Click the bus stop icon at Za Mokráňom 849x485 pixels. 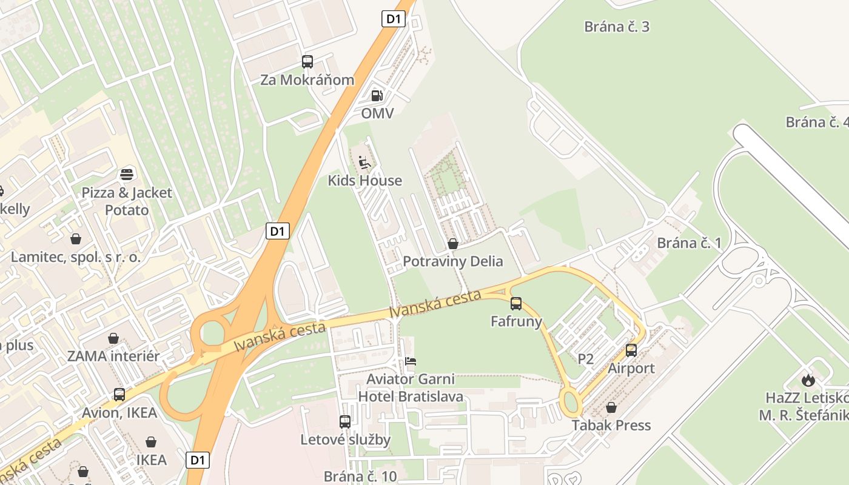(307, 62)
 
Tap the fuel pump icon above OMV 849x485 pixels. (377, 96)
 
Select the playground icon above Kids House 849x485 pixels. (364, 162)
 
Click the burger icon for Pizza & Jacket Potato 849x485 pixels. (127, 175)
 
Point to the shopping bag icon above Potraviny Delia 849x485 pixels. (452, 244)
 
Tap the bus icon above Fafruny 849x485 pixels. (516, 304)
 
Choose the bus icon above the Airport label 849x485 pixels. (631, 350)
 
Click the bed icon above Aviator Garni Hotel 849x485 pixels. (411, 362)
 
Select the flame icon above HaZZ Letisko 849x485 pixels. (808, 380)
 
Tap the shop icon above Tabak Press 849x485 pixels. (611, 407)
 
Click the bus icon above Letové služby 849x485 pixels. (345, 421)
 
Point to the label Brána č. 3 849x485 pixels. (617, 27)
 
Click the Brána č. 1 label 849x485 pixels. (690, 243)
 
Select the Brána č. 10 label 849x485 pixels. (360, 477)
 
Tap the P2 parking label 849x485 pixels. (585, 359)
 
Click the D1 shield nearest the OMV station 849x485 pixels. (394, 19)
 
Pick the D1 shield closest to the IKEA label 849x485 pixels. (198, 460)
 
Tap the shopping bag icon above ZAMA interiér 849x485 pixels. (113, 338)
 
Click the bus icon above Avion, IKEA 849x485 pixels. (119, 395)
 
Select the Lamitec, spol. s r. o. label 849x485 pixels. (76, 257)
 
